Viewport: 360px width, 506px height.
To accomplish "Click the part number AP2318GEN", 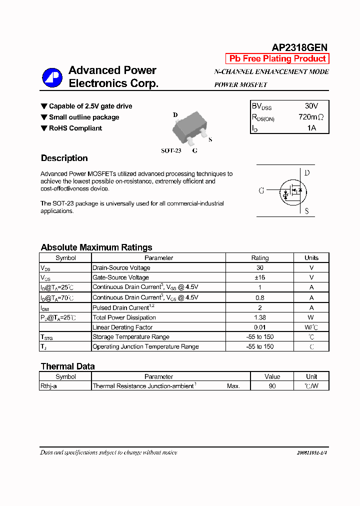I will [299, 47].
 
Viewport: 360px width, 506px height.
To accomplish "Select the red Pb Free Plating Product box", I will [277, 58].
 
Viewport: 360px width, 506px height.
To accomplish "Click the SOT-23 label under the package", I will [170, 150].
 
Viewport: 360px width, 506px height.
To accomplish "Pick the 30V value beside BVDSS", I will [311, 106].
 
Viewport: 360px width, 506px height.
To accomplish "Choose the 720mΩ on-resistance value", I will [311, 117].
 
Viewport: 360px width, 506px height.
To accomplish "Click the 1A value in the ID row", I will [311, 128].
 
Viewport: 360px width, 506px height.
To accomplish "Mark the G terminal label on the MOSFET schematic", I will [261, 190].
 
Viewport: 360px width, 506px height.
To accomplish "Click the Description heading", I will [64, 158].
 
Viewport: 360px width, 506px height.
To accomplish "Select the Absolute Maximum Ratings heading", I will [96, 247].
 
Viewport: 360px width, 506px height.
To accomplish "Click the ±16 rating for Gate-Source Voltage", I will [259, 277].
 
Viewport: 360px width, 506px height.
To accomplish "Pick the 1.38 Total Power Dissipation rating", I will [259, 317].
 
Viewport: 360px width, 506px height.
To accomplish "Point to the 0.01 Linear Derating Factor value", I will [259, 327].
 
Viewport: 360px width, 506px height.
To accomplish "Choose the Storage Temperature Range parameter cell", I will [131, 337].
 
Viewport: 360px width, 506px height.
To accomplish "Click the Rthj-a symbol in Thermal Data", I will [48, 386].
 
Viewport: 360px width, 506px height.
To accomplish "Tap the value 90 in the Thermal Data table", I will [272, 386].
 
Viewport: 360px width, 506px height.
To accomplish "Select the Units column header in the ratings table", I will [311, 258].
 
